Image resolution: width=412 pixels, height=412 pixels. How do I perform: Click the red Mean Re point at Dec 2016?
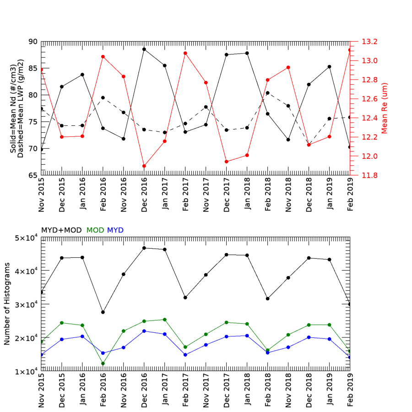(144, 166)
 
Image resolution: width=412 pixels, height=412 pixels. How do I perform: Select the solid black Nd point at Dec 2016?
(144, 49)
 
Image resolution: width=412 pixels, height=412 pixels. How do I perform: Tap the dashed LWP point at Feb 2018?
(268, 93)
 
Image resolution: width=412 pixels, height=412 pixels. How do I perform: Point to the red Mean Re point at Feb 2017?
(185, 53)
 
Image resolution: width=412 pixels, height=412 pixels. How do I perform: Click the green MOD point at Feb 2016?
(103, 363)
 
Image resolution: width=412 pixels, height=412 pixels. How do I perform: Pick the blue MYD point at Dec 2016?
(144, 331)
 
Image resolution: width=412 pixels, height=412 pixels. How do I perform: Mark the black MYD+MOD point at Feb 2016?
(103, 312)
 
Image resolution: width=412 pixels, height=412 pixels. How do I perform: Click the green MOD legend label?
(95, 230)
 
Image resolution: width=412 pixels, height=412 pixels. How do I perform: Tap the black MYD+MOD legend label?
(62, 230)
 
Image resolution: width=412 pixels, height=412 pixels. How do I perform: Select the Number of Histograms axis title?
(7, 304)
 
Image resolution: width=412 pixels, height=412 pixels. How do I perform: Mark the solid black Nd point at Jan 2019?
(330, 66)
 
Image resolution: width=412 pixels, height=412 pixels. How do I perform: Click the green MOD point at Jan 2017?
(165, 320)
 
